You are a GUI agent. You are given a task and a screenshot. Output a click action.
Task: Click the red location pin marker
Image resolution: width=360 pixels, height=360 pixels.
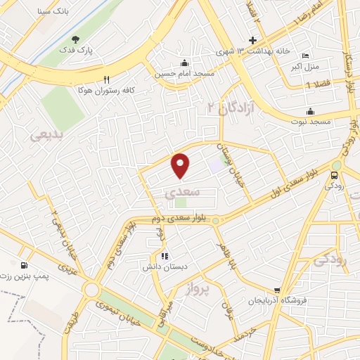point(181,166)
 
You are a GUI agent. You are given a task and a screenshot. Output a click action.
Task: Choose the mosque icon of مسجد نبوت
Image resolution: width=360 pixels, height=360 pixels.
point(310,111)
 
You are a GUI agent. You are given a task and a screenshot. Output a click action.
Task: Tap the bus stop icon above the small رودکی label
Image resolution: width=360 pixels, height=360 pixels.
point(335,175)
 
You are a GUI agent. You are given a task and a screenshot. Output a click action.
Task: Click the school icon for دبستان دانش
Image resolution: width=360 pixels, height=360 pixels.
point(164,257)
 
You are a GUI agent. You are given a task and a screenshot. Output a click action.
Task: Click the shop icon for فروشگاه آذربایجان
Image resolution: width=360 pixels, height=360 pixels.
point(277,290)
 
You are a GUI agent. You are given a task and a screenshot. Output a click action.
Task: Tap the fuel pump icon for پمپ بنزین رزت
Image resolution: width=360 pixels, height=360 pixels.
point(25,266)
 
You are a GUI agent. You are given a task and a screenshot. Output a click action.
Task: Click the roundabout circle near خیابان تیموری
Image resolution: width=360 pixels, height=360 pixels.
point(91,290)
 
